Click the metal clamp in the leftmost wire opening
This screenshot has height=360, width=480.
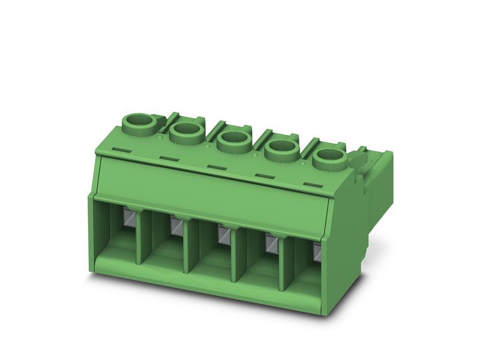coord(129,217)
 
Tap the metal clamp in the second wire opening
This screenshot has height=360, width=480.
coord(176,226)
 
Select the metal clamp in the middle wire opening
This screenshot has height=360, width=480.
coord(223,235)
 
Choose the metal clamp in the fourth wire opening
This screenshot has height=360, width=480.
coord(271,243)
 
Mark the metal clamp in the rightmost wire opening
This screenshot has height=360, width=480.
coord(317,252)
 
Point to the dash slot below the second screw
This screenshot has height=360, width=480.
coord(168,158)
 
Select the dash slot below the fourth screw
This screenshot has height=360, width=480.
coord(263,175)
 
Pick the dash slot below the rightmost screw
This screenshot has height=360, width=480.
coord(310,184)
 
